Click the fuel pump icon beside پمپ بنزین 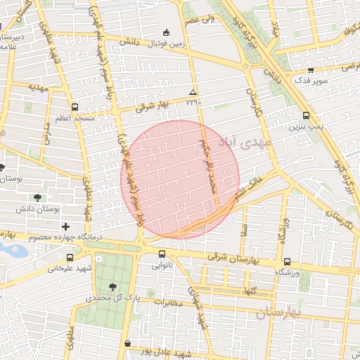pyautogui.click(x=306, y=116)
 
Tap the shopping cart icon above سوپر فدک pyautogui.click(x=311, y=70)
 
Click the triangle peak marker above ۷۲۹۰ pyautogui.click(x=193, y=92)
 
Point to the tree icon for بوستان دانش pyautogui.click(x=37, y=198)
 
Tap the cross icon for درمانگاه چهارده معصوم pyautogui.click(x=65, y=226)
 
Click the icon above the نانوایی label pyautogui.click(x=162, y=255)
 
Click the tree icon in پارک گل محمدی pyautogui.click(x=112, y=286)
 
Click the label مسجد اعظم pyautogui.click(x=76, y=119)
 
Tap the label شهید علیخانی pyautogui.click(x=70, y=267)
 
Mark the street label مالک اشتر pyautogui.click(x=250, y=184)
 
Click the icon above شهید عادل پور pyautogui.click(x=127, y=344)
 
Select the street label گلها pyautogui.click(x=251, y=290)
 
